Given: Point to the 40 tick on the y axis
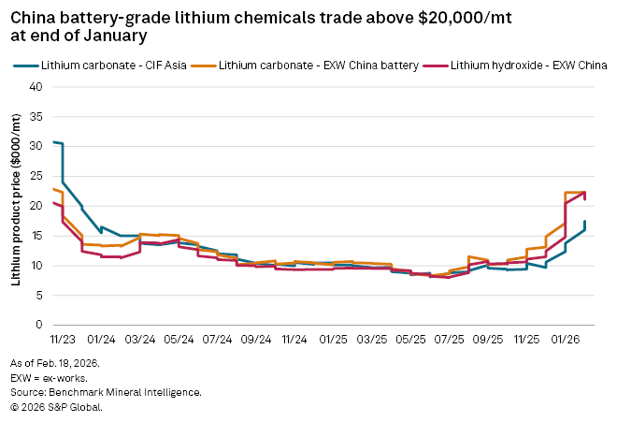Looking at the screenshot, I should coord(37,86).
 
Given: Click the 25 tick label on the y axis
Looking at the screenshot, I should coord(37,176).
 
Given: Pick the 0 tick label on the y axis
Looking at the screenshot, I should coord(40,326).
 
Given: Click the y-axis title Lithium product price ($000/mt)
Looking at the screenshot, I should coord(16,205).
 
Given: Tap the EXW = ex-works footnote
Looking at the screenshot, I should coord(50,377).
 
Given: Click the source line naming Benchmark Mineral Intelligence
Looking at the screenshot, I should coord(106,392).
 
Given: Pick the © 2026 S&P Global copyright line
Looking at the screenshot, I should coord(57,407).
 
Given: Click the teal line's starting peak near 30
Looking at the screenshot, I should coord(55,142).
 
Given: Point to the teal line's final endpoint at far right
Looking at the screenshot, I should coord(585,222).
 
